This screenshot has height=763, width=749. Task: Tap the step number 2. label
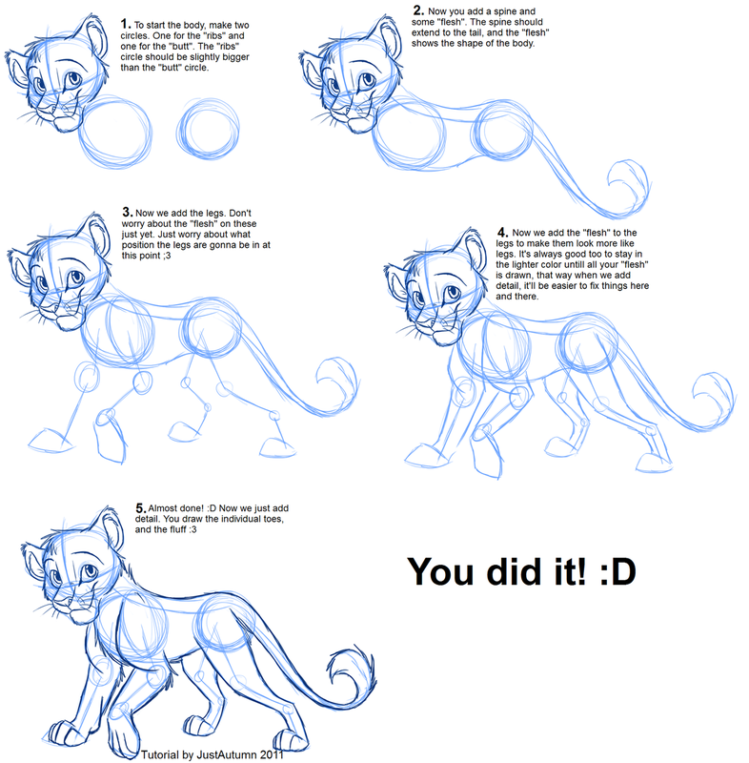[x=417, y=10]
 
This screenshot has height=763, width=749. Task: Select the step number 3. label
[x=127, y=211]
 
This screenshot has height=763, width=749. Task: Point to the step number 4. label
[x=502, y=231]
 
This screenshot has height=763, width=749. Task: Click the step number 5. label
[x=141, y=510]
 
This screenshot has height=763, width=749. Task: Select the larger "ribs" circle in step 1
[x=115, y=137]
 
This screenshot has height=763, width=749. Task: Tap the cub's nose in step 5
[x=59, y=598]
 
